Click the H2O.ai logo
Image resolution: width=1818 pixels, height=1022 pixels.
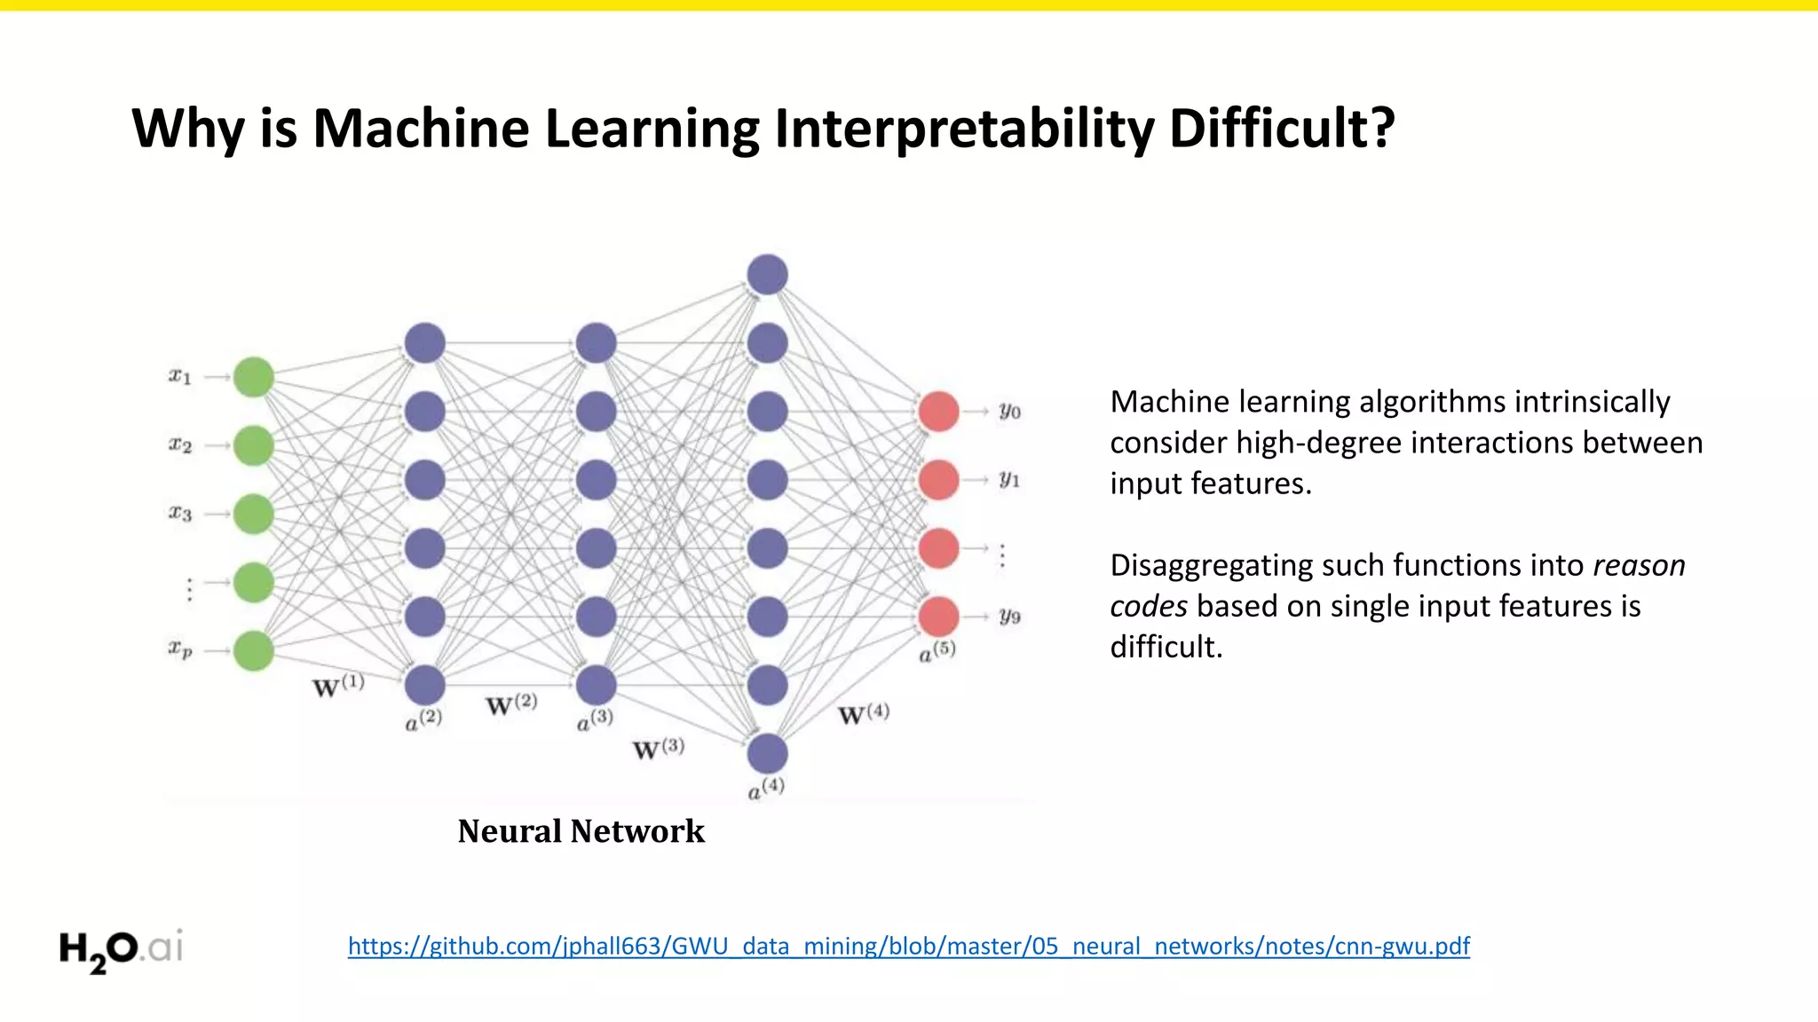click(x=121, y=949)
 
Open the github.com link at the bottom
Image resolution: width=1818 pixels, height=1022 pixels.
click(x=908, y=946)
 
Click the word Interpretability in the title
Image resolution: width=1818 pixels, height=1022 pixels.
click(x=964, y=129)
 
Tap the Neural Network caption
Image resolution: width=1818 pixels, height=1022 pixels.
click(x=581, y=831)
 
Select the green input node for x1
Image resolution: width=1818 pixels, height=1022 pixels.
click(x=254, y=377)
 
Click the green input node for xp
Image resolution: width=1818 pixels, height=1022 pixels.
click(x=254, y=650)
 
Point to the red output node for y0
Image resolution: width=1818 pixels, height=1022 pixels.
click(x=938, y=412)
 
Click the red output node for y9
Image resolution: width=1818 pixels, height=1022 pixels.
click(x=938, y=617)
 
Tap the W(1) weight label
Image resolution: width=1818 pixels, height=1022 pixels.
click(x=338, y=686)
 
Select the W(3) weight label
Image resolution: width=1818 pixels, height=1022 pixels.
click(x=658, y=749)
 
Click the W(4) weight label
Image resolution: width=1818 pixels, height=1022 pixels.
click(x=863, y=713)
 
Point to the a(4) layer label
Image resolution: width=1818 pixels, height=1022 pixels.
click(x=766, y=788)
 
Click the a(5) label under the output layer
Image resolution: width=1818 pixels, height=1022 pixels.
click(x=937, y=651)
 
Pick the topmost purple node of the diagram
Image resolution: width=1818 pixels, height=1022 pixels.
click(x=767, y=274)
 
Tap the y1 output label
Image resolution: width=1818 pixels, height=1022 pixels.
click(x=1009, y=480)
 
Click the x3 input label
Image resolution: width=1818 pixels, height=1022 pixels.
click(x=180, y=514)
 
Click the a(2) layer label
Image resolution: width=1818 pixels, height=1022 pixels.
click(x=423, y=719)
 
